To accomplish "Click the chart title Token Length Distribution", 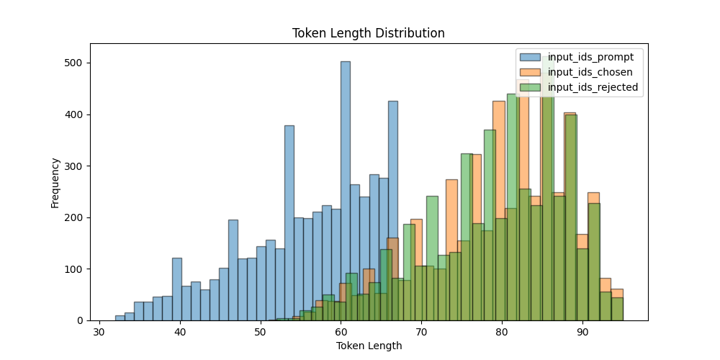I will point(368,33).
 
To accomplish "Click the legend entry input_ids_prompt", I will point(590,58).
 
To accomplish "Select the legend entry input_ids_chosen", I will point(590,73).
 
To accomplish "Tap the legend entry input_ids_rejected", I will point(593,88).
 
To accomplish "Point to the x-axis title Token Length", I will point(369,346).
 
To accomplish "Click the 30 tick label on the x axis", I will point(99,333).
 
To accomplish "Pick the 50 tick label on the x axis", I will point(260,333).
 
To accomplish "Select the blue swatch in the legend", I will point(531,58).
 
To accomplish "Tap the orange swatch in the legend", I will point(531,73).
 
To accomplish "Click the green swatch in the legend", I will point(531,88).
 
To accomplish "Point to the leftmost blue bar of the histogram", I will point(120,318).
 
